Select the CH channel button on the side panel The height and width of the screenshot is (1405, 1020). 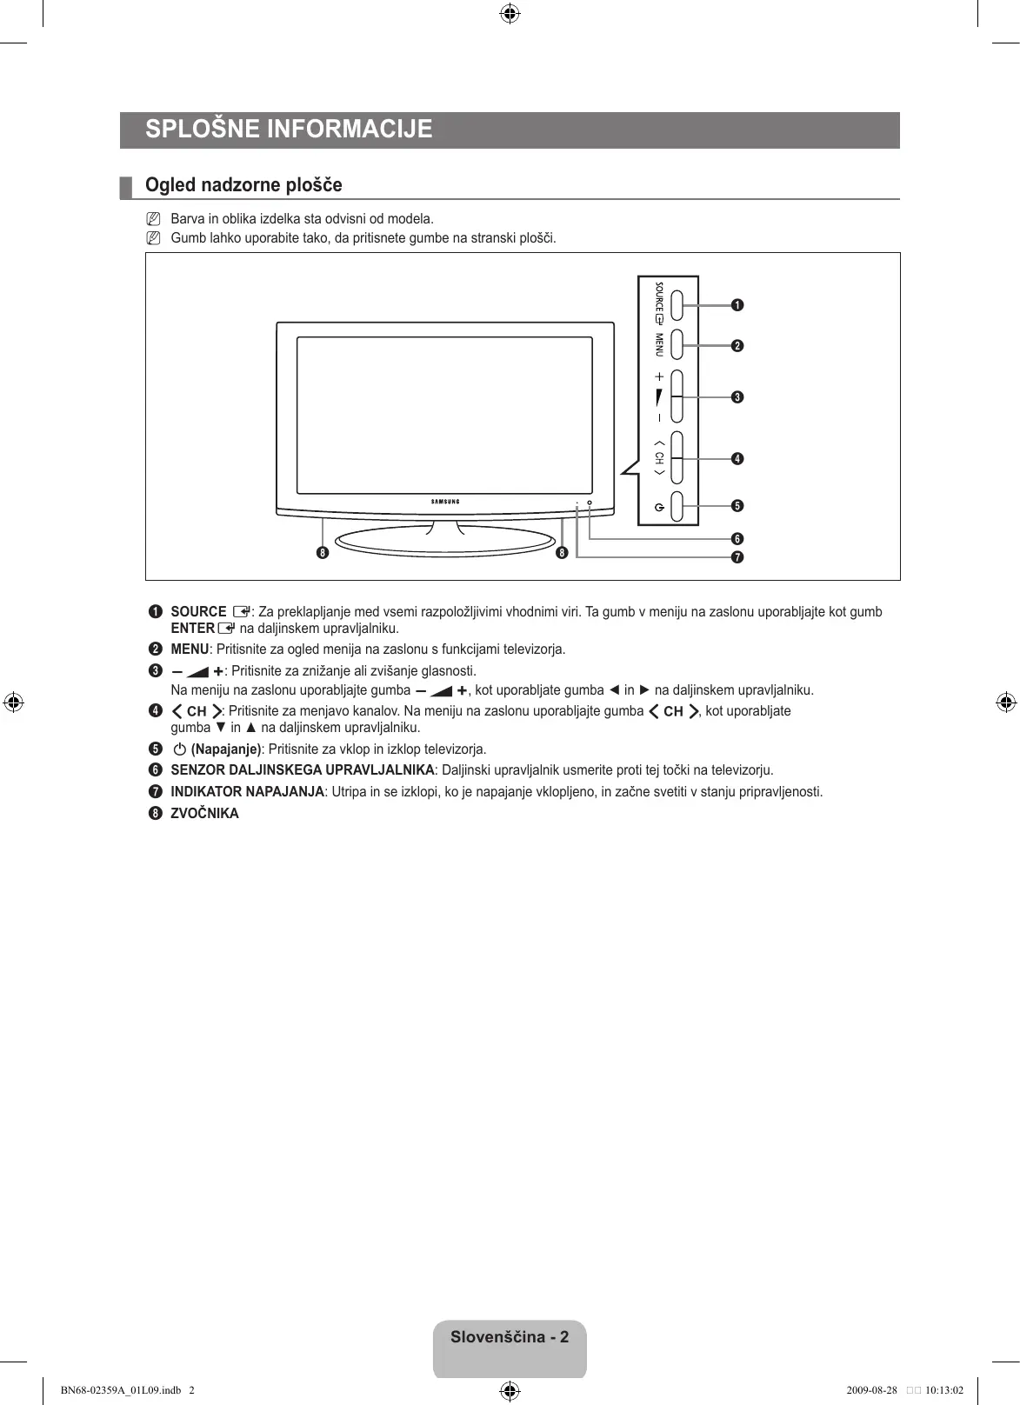[x=683, y=457]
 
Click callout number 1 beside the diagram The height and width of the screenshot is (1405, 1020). [x=737, y=305]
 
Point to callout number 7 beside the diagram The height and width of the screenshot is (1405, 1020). [x=737, y=557]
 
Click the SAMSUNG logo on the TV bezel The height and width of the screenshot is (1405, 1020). [x=445, y=502]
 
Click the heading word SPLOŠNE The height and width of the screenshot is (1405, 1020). [x=202, y=130]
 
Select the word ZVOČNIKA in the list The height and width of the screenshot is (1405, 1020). [x=204, y=814]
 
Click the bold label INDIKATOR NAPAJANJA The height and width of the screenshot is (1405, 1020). [x=247, y=792]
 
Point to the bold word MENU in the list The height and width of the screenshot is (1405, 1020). [x=190, y=649]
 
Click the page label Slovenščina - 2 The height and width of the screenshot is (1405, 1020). [x=510, y=1337]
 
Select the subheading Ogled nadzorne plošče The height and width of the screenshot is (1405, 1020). [x=243, y=185]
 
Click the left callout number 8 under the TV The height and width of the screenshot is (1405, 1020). [x=323, y=553]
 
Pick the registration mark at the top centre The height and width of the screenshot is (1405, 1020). [x=510, y=13]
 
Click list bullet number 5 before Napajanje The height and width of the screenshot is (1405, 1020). [x=155, y=749]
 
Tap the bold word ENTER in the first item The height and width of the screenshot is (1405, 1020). [x=192, y=629]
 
